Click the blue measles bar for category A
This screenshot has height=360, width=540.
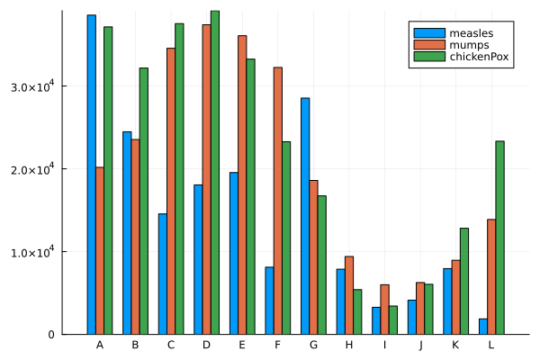91,175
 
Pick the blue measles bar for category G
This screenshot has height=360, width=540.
304,216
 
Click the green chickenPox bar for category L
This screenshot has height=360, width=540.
499,238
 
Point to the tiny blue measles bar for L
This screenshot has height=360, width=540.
482,327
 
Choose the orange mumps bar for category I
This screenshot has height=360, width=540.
384,310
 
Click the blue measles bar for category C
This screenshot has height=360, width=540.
162,274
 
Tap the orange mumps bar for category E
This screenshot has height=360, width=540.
242,184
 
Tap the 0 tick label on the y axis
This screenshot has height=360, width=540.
52,335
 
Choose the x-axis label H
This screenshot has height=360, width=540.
348,346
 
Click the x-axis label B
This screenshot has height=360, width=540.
135,346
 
